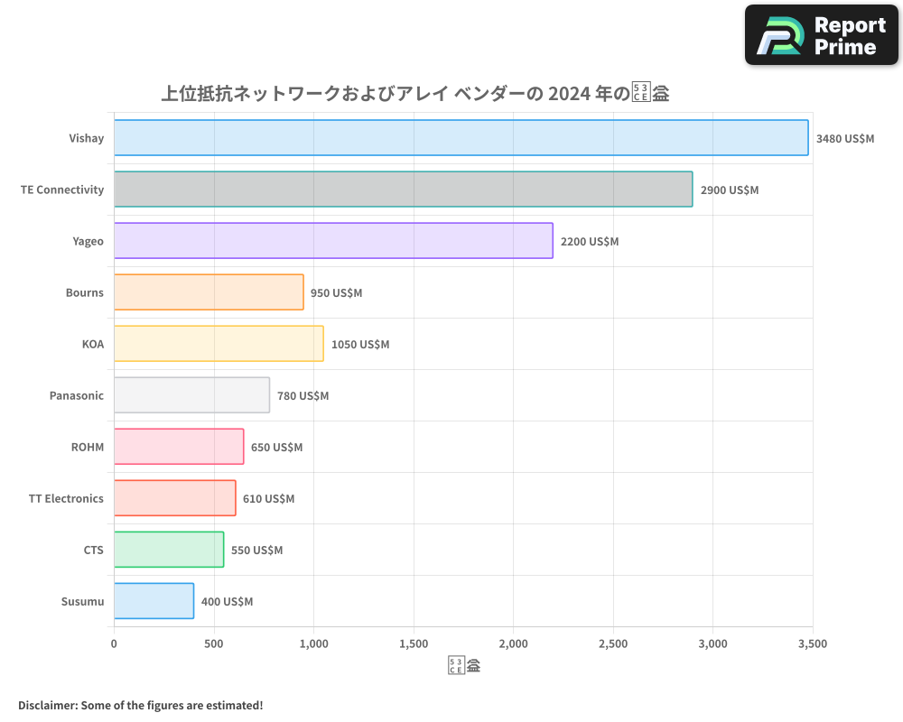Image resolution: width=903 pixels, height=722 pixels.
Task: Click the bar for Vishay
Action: pos(461,138)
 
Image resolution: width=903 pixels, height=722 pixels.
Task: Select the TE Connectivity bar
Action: pos(403,190)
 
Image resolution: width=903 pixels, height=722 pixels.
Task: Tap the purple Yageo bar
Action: pos(333,241)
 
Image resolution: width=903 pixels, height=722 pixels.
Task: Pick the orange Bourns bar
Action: pos(209,292)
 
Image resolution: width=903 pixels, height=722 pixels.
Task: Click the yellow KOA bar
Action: pos(219,344)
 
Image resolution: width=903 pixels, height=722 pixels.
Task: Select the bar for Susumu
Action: pos(154,601)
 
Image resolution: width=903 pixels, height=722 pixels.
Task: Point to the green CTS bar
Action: pos(169,550)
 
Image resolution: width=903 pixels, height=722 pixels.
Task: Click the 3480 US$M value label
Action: pos(845,139)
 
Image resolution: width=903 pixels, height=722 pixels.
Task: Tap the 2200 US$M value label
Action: pos(590,242)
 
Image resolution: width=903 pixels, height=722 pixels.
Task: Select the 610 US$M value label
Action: pos(269,499)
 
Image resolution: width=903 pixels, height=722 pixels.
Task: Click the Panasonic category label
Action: pos(77,395)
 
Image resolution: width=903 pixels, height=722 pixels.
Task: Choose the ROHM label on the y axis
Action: pos(88,447)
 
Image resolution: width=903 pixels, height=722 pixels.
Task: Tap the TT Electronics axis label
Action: pos(66,498)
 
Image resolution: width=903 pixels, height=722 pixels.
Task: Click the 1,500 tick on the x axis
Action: pos(414,643)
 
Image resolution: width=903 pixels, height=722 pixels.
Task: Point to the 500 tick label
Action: pos(214,643)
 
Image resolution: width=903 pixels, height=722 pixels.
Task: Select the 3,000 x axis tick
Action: pos(712,643)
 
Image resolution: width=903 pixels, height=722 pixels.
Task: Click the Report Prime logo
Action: pos(822,35)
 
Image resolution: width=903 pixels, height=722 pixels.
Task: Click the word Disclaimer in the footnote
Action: pos(47,705)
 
